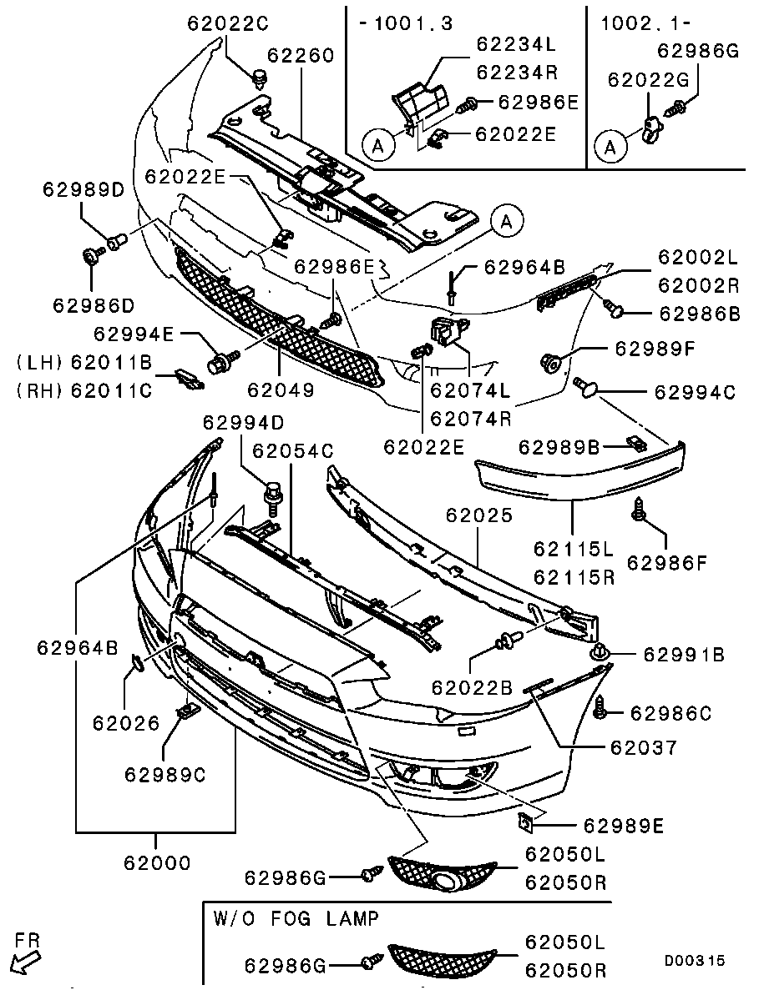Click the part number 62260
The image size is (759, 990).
tap(300, 57)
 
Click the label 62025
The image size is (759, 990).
tap(478, 516)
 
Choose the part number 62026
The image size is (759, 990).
tap(125, 724)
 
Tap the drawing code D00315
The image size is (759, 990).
tap(695, 962)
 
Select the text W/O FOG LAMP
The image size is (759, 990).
tap(296, 919)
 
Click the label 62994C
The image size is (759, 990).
tap(694, 391)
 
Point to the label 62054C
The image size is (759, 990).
tap(292, 451)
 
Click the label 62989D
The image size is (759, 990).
tap(83, 190)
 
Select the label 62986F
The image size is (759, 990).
tap(667, 564)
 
